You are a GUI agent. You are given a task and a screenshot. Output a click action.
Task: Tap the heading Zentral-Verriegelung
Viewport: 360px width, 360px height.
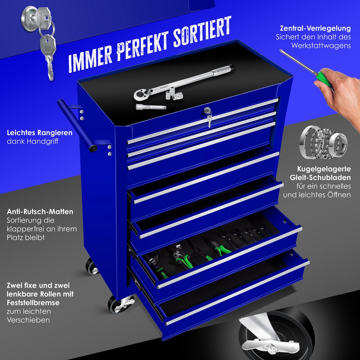[315, 28]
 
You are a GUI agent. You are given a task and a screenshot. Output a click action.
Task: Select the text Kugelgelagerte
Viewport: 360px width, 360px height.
[324, 169]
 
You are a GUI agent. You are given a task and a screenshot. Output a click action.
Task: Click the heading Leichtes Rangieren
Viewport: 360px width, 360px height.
[40, 133]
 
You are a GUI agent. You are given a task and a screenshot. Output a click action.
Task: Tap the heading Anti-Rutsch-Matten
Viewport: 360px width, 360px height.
[40, 212]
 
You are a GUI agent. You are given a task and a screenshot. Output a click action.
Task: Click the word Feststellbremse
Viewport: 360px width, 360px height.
[33, 303]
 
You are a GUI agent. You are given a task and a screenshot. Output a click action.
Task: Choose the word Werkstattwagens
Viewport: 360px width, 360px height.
[321, 46]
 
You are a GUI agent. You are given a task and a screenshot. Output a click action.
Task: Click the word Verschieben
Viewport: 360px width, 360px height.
[28, 320]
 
